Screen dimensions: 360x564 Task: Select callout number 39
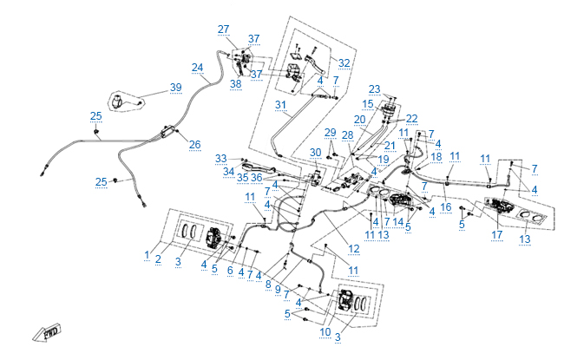(x=176, y=88)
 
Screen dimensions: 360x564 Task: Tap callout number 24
(x=198, y=67)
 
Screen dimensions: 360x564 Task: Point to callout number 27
(x=224, y=29)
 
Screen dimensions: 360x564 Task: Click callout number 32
(x=344, y=63)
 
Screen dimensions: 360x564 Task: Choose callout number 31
(x=280, y=104)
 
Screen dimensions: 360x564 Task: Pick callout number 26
(x=194, y=144)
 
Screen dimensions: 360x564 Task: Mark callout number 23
(x=374, y=89)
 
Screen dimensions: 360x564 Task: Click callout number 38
(x=235, y=84)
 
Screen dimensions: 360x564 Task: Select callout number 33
(x=221, y=158)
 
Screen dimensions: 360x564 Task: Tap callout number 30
(x=316, y=153)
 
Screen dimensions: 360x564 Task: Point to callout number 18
(x=436, y=157)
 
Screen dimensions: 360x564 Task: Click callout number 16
(x=445, y=209)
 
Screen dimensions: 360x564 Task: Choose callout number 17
(x=497, y=235)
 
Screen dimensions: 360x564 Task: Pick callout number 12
(x=354, y=250)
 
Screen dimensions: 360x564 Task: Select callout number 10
(x=324, y=332)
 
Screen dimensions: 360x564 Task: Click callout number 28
(x=347, y=135)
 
